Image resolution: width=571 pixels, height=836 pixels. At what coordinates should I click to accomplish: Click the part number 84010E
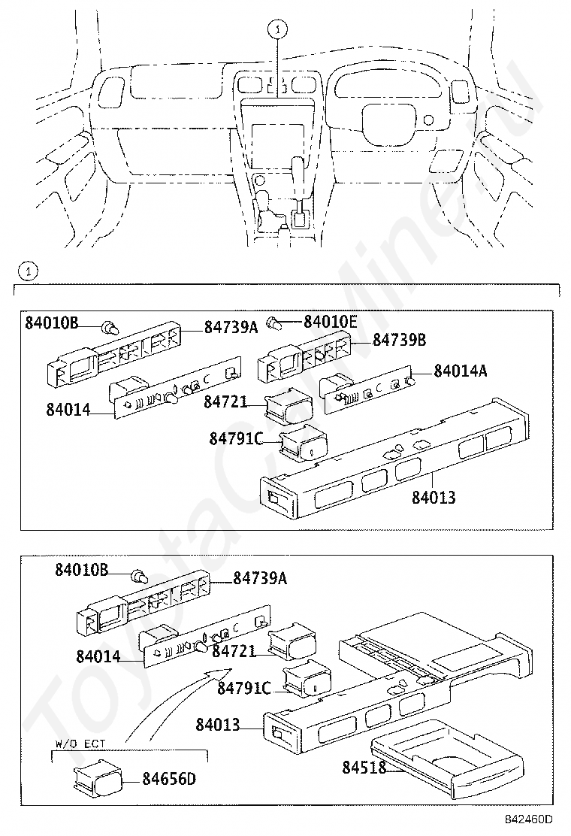(x=331, y=322)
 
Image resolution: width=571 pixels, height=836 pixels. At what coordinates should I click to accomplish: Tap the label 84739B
(x=399, y=340)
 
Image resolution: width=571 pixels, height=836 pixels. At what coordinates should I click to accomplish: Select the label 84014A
(x=461, y=371)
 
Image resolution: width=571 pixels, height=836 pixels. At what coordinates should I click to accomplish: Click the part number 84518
(x=364, y=768)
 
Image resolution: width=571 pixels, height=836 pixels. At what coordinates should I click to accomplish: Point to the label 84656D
(x=169, y=779)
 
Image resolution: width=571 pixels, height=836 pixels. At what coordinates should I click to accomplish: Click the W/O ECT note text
(x=80, y=744)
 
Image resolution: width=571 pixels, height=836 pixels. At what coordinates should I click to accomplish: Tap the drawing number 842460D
(x=529, y=819)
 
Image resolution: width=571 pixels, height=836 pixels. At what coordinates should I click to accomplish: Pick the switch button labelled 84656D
(x=97, y=777)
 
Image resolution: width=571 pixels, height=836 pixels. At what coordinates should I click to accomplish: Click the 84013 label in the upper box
(x=434, y=498)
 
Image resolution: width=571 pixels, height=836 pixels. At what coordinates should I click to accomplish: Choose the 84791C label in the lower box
(x=244, y=689)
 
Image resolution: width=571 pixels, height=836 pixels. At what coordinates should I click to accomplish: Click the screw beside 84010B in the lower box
(x=140, y=577)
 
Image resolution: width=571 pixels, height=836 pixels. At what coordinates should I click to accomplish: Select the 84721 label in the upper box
(x=225, y=401)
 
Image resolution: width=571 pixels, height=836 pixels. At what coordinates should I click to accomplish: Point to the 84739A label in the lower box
(x=260, y=577)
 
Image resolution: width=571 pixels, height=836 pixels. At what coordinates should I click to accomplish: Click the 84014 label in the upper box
(x=68, y=410)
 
